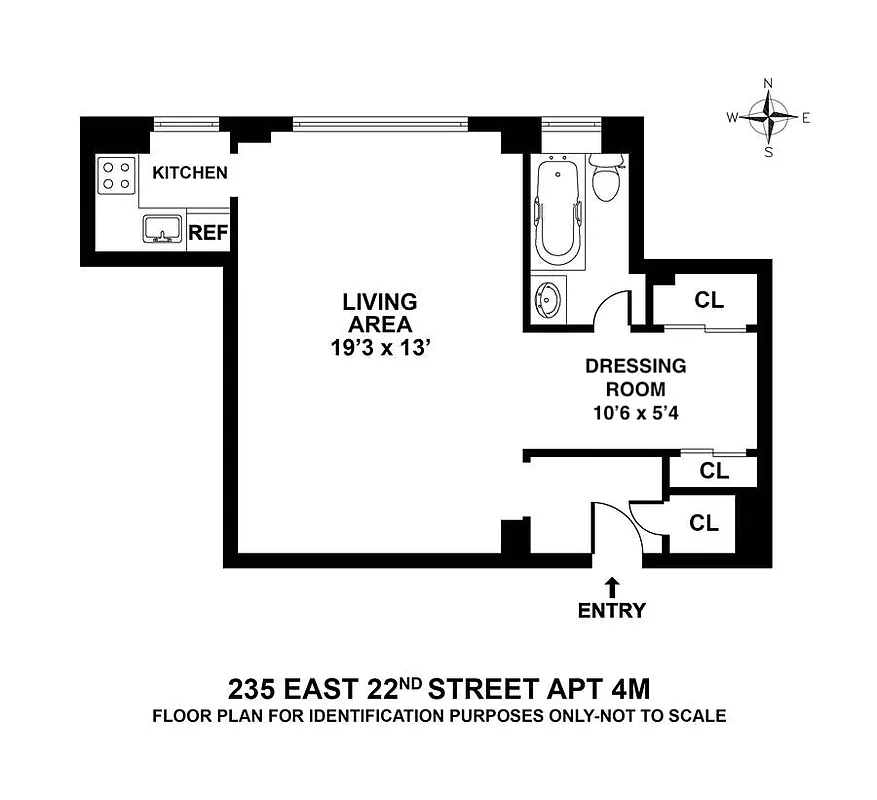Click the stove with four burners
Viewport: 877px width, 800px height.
coord(117,176)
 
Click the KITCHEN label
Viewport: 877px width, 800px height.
coord(189,173)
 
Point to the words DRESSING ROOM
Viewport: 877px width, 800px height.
coord(635,378)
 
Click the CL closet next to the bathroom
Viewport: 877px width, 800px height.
coord(709,300)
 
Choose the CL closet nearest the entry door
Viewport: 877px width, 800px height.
coord(704,522)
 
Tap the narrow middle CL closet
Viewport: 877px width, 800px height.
coord(713,471)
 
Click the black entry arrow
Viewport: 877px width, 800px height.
coord(612,585)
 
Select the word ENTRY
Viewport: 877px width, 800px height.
coord(612,610)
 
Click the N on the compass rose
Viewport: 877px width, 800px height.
coord(768,84)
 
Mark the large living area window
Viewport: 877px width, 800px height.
coord(380,124)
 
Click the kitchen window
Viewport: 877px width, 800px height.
coord(187,124)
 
